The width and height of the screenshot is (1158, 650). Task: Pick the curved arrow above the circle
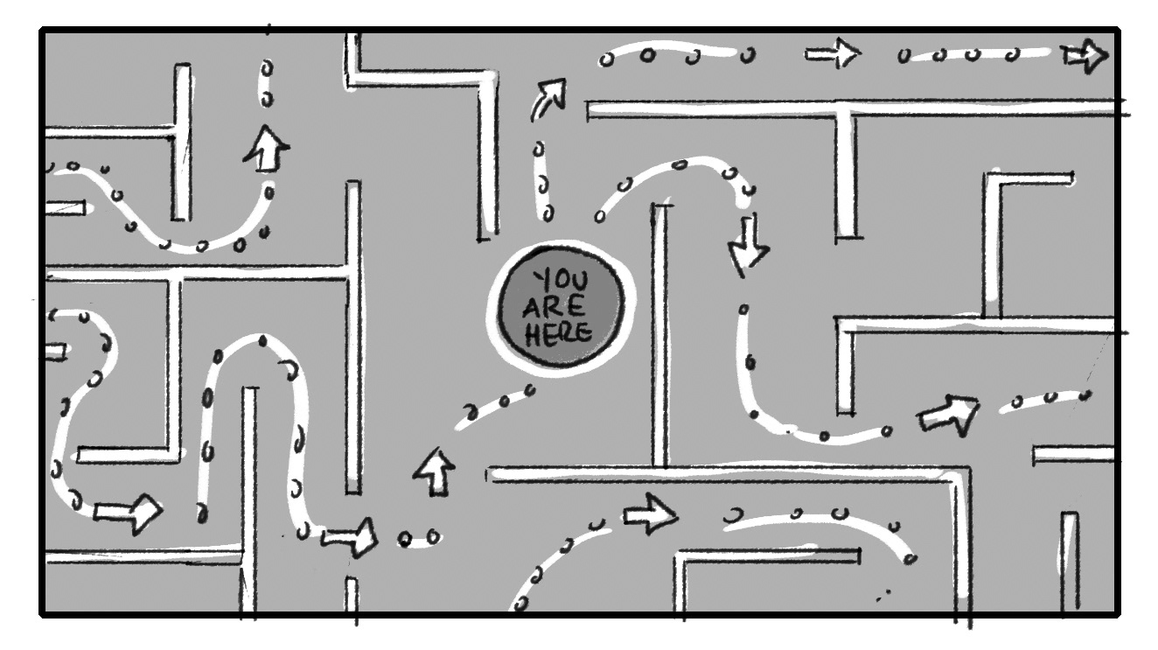pyautogui.click(x=548, y=98)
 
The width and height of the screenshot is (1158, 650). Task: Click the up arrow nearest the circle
pyautogui.click(x=434, y=472)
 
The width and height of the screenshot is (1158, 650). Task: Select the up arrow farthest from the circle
pyautogui.click(x=267, y=150)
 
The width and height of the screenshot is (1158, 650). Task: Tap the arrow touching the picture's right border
pyautogui.click(x=1085, y=57)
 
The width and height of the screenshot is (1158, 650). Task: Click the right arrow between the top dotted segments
pyautogui.click(x=832, y=55)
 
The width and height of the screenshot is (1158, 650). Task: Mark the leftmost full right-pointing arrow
pyautogui.click(x=128, y=513)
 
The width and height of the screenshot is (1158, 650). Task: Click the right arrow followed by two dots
pyautogui.click(x=351, y=536)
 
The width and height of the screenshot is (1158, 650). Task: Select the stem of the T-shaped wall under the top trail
pyautogui.click(x=846, y=175)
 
